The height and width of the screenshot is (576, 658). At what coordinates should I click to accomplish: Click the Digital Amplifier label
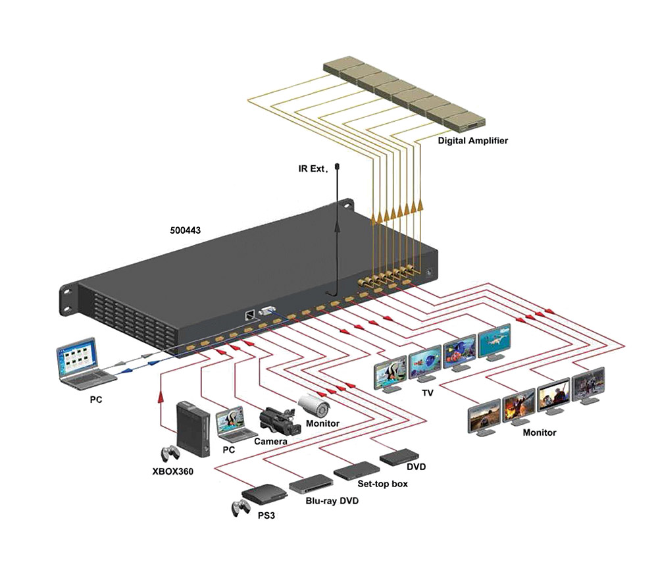[472, 141]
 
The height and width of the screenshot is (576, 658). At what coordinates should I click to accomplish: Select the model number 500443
[185, 231]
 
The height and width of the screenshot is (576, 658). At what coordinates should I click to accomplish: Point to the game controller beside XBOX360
[170, 454]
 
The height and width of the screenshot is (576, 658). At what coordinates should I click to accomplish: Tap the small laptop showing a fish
[231, 423]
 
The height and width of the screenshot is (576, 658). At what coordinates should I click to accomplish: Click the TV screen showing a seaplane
[497, 341]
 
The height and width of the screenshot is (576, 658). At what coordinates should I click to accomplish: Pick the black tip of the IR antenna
[336, 168]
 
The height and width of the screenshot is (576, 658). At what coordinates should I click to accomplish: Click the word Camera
[270, 441]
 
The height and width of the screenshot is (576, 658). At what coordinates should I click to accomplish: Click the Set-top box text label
[382, 484]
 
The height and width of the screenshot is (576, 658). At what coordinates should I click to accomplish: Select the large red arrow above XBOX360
[161, 395]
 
